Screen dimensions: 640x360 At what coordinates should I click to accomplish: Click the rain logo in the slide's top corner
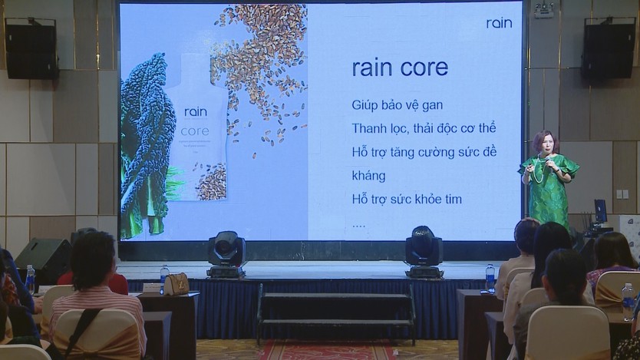pos(499,23)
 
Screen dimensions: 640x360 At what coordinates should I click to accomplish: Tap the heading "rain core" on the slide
pos(400,68)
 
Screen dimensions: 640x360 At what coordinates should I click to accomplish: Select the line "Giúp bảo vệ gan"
pos(398,105)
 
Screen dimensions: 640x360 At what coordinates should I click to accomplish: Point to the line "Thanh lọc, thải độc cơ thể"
pos(424,129)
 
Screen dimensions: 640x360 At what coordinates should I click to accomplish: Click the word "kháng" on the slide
pos(368,176)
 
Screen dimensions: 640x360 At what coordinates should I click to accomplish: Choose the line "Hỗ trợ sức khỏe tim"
pos(407,199)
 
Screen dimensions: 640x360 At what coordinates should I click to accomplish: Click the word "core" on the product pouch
pos(195,131)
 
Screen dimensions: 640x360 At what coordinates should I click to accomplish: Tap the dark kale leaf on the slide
pos(146,143)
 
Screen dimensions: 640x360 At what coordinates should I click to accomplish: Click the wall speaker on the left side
pos(31,48)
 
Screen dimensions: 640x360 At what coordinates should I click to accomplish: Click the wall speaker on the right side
pos(608,48)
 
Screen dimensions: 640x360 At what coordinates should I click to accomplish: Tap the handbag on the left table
pos(176,284)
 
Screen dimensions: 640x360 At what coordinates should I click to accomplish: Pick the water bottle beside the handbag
pos(164,278)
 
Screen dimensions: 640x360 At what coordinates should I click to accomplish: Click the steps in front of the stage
pos(335,314)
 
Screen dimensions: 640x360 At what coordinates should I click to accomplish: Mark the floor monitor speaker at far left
pos(43,262)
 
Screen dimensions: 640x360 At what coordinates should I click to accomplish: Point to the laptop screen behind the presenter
pos(599,210)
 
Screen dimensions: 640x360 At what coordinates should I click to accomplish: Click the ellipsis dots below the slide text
pos(358,226)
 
